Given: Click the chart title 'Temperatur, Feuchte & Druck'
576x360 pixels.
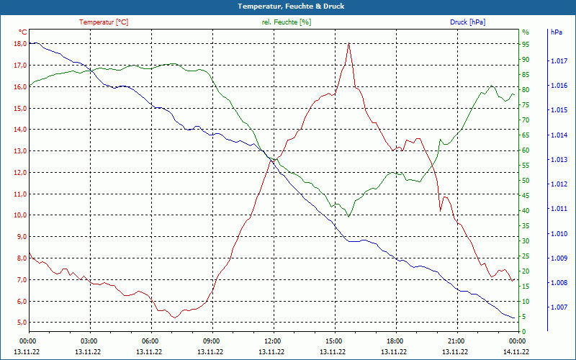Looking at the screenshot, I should (x=287, y=6).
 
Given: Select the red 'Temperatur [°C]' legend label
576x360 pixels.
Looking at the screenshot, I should (x=104, y=22).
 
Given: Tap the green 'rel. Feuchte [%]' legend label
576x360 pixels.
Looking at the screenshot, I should (x=287, y=22).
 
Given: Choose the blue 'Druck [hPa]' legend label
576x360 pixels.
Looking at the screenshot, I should (x=467, y=22).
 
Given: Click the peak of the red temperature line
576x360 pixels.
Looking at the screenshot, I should (x=348, y=43).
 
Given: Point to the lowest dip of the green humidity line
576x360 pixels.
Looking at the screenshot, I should (x=348, y=217).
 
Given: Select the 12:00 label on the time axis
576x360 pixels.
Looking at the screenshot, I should (x=272, y=341).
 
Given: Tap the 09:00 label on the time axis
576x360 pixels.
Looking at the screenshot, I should (x=211, y=341).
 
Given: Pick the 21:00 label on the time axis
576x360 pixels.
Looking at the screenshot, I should (x=456, y=341).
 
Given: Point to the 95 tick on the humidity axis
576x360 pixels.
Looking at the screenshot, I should (x=526, y=44).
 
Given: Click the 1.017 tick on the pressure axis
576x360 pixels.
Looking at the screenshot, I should (x=558, y=61).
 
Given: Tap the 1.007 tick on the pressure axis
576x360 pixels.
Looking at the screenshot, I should (x=558, y=307).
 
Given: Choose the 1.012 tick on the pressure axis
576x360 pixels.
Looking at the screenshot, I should (x=558, y=184).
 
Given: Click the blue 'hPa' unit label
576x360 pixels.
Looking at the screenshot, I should (x=556, y=32).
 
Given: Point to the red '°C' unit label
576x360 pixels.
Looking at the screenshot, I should (x=23, y=32).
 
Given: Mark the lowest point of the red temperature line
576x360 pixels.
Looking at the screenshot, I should (x=174, y=318).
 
